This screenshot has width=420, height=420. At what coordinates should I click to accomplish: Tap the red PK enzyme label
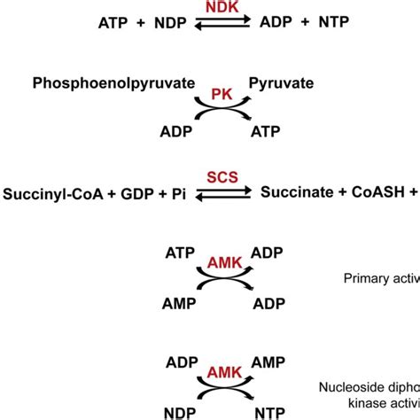209,93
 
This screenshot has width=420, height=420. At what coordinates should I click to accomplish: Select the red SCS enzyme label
210,178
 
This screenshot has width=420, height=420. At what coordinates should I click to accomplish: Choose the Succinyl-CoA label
47,193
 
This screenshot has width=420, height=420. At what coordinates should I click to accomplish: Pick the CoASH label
373,193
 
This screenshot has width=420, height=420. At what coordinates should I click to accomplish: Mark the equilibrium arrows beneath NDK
210,24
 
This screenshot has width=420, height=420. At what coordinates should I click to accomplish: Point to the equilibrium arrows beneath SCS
210,195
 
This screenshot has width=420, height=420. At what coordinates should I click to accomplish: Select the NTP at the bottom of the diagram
265,413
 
